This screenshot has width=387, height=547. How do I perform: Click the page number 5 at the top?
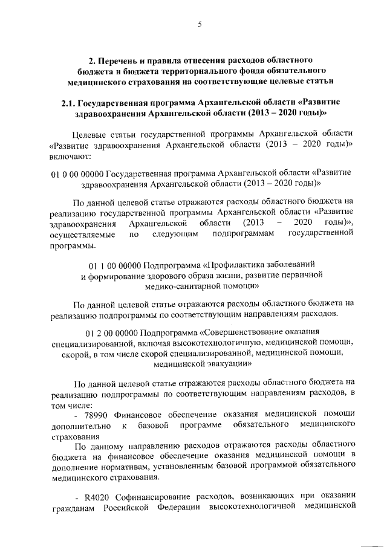pos(200,24)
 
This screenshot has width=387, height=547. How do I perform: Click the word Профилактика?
pos(236,265)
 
